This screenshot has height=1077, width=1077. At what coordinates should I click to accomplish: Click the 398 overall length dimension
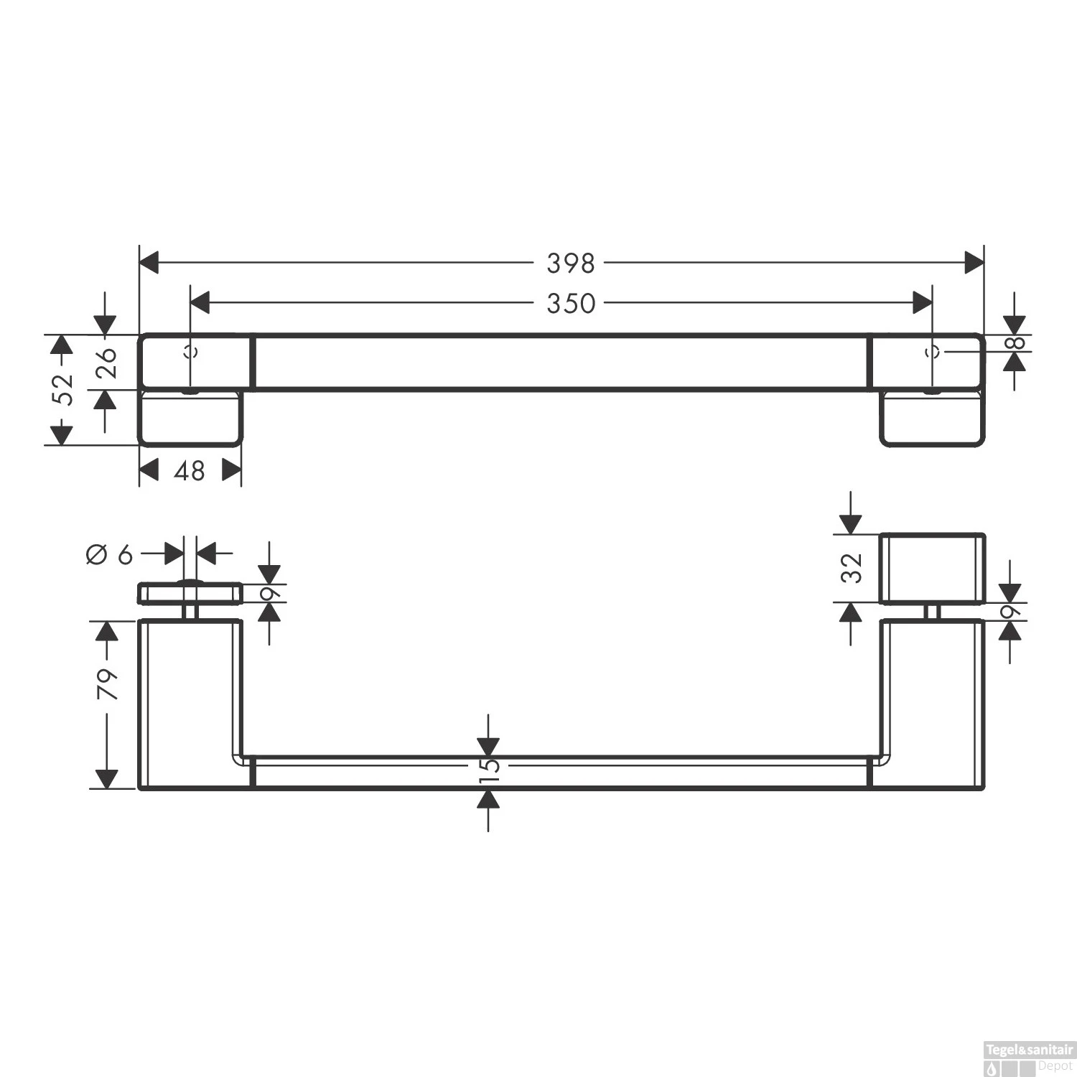point(571,264)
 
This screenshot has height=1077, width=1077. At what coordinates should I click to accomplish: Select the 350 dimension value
point(571,304)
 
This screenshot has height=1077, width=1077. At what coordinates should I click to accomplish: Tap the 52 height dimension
point(65,389)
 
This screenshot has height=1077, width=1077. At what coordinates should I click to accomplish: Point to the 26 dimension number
point(106,362)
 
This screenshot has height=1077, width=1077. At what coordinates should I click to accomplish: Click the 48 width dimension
point(190,471)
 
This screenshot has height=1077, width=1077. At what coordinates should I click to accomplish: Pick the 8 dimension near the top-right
point(1015,343)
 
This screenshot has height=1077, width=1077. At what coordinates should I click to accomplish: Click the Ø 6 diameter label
point(110,554)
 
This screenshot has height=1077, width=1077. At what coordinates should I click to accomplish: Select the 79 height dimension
point(107,684)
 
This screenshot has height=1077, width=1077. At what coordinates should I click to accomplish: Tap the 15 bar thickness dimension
point(488,765)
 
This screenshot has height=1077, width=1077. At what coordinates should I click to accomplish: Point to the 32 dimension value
point(852,568)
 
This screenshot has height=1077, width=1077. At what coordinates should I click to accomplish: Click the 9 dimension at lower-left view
point(270,594)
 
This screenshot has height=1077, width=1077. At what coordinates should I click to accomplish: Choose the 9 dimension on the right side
point(1010,612)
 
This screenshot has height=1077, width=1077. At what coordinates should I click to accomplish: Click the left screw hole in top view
point(190,352)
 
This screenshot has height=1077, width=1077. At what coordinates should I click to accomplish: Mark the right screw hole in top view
point(933,352)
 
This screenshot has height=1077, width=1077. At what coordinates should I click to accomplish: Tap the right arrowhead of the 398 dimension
point(974,263)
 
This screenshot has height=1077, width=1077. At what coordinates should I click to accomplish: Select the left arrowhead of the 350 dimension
point(200,303)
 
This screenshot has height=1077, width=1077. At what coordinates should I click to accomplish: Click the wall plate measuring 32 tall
point(932,569)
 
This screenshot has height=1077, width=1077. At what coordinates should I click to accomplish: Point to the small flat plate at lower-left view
point(190,593)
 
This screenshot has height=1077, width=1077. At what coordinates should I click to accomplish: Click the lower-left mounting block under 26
point(190,419)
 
